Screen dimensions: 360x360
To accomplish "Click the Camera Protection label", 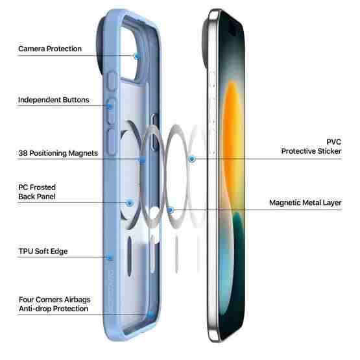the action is pos(50,49).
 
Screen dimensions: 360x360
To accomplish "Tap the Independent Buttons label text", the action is pos(53,100).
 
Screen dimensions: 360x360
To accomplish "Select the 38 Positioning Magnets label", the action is pos(58,153).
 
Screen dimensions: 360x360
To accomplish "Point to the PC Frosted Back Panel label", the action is pos(37,192).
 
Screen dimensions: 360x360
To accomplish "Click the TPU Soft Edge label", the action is pos(43,251).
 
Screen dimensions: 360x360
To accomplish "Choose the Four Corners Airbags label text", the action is pos(54,300).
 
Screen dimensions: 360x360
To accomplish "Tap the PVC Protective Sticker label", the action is pos(311,147).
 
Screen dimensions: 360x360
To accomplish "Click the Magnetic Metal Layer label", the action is pos(305,203).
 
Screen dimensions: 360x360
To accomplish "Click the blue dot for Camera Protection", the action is pos(138,56).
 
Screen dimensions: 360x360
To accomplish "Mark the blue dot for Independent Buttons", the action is pos(110,106).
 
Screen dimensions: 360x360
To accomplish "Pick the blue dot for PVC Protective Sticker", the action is pos(192,159).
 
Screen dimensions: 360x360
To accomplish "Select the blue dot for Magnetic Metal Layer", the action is pos(171,210).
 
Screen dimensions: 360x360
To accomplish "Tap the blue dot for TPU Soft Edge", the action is pos(110,258).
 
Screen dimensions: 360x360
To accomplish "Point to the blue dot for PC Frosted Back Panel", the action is pos(130,203).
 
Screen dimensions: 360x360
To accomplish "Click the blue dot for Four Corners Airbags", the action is pos(150,315).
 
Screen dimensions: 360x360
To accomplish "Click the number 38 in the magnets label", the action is pos(23,153).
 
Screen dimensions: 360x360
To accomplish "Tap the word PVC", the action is pos(334,142).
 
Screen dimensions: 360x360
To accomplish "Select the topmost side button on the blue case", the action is pos(112,81).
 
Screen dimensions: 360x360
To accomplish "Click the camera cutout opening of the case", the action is pos(130,53).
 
